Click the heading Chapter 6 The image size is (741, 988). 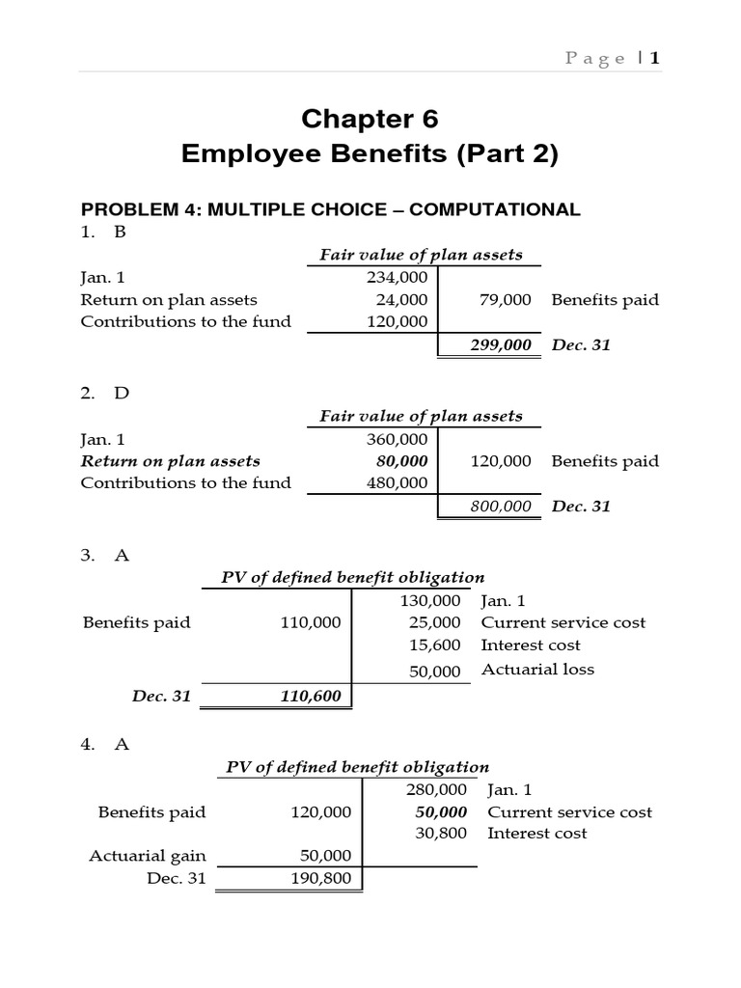[x=370, y=119]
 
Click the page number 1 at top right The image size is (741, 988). [x=655, y=59]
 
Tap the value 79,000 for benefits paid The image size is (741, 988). [x=505, y=300]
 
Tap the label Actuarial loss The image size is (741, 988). [x=537, y=670]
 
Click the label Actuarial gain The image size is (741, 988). [x=148, y=856]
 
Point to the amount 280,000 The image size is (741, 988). [x=438, y=790]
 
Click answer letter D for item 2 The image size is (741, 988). [x=120, y=394]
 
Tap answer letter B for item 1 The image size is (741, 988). [x=120, y=233]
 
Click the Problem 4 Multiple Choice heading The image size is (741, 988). [x=330, y=209]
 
